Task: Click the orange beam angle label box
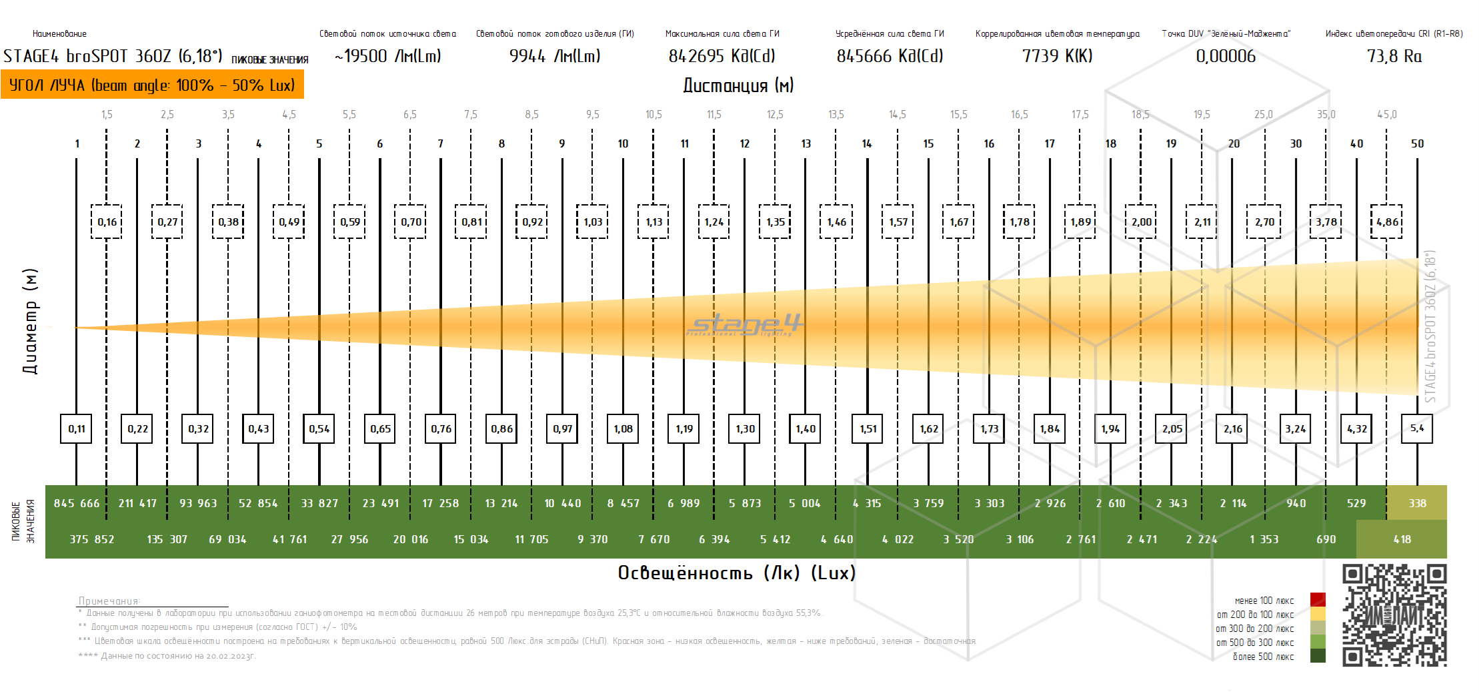tap(152, 85)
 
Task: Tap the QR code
tap(1394, 615)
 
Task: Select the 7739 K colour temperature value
tap(1057, 56)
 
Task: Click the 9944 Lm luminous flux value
tap(555, 56)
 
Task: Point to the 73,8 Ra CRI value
tap(1394, 56)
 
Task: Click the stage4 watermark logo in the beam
tap(746, 325)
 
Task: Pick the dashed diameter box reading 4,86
tap(1387, 222)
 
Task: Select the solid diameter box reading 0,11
tap(77, 428)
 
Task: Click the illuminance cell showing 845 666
tap(77, 503)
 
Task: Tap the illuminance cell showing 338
tap(1417, 503)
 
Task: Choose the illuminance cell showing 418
tap(1402, 539)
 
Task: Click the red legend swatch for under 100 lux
tap(1318, 599)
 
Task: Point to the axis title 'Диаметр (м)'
tap(30, 321)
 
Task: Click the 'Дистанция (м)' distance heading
tap(738, 85)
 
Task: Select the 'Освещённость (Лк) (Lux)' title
tap(736, 573)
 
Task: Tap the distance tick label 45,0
tap(1387, 114)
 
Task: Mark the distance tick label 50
tap(1417, 143)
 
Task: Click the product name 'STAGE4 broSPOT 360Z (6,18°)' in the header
tap(113, 56)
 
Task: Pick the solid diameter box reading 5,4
tap(1417, 428)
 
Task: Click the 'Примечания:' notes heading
tap(109, 601)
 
